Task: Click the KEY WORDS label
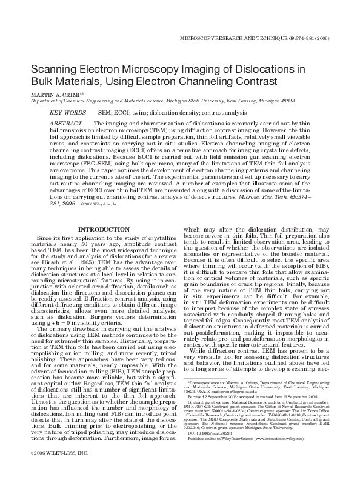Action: (x=67, y=113)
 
